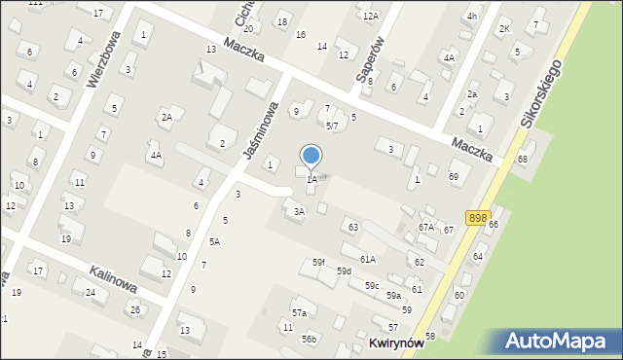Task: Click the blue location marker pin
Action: [x=311, y=156]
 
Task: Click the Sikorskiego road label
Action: [x=541, y=93]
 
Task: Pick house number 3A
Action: [x=300, y=211]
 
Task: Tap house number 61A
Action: [x=367, y=259]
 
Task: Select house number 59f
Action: [x=318, y=263]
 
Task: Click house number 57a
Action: [x=299, y=312]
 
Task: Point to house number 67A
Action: [x=425, y=227]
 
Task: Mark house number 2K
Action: [x=504, y=28]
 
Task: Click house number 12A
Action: [x=370, y=16]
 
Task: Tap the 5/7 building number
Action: [x=331, y=126]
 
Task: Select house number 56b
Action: [x=309, y=339]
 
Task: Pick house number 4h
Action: [x=471, y=17]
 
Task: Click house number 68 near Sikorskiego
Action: [x=523, y=159]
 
